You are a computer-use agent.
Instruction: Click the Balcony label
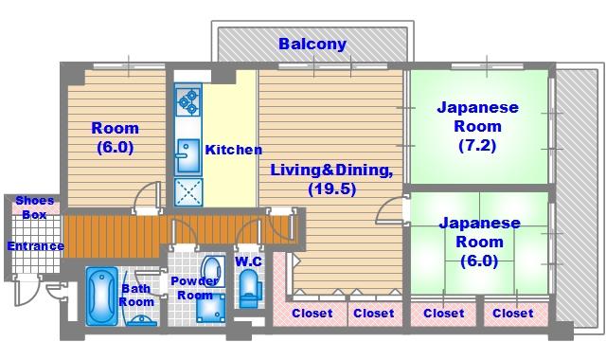coord(312,45)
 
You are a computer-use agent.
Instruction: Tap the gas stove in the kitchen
coord(188,101)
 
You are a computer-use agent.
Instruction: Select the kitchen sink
coord(188,155)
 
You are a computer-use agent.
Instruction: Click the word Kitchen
coord(234,150)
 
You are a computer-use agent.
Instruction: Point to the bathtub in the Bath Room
coord(101,296)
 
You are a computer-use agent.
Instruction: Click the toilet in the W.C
coord(249,288)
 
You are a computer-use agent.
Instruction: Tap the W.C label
coord(248,261)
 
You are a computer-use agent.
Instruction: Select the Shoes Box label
coord(35,207)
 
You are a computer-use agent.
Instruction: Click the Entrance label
coord(36,246)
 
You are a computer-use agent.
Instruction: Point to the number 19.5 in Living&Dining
coord(332,189)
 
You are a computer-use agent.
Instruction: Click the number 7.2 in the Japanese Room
coord(477,145)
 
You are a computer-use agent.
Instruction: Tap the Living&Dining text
coord(331,171)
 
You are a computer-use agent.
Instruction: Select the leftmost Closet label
coord(312,314)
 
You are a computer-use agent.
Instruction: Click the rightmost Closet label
coord(513,314)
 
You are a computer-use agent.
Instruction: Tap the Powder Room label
coord(195,288)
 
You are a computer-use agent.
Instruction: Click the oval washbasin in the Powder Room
coord(212,271)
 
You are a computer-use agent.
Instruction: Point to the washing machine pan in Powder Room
coord(210,308)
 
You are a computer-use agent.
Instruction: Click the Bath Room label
coord(136,295)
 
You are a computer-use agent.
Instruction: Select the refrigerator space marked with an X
coord(188,191)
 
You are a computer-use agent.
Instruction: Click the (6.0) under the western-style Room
coord(116,147)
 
